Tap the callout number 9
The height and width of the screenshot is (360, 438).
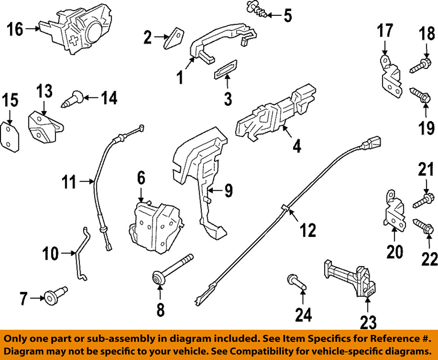click(x=228, y=190)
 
